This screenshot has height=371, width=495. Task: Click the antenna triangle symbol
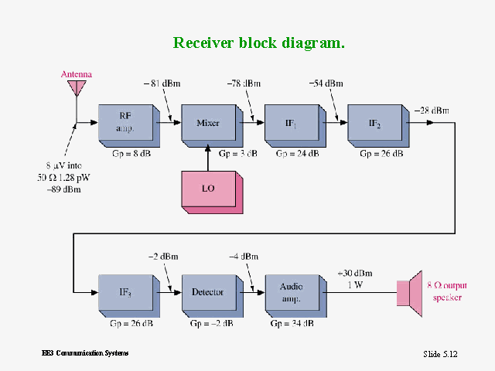click(76, 87)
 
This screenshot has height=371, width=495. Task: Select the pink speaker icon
click(408, 293)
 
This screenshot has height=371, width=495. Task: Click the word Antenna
click(77, 74)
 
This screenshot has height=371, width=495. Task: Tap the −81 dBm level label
click(159, 83)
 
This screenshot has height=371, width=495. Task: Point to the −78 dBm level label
click(244, 83)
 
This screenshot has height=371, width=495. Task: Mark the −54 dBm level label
click(326, 83)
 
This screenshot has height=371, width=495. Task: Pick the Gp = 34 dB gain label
click(292, 323)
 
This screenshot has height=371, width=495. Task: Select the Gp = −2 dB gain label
click(211, 323)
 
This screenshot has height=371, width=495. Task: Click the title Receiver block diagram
click(258, 43)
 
